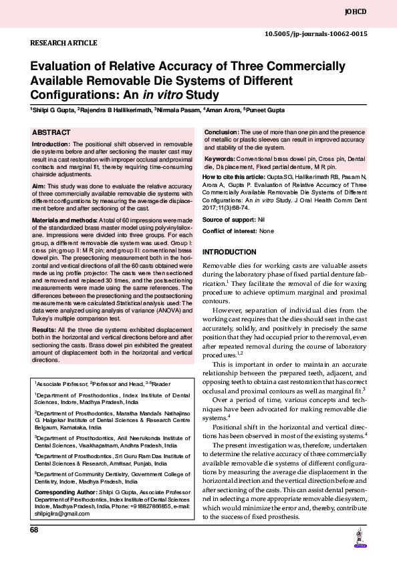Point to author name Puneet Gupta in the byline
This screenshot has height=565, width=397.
tap(269, 108)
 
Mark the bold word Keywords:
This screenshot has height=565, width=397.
tap(220, 159)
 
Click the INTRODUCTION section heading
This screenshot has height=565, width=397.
tap(229, 252)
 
